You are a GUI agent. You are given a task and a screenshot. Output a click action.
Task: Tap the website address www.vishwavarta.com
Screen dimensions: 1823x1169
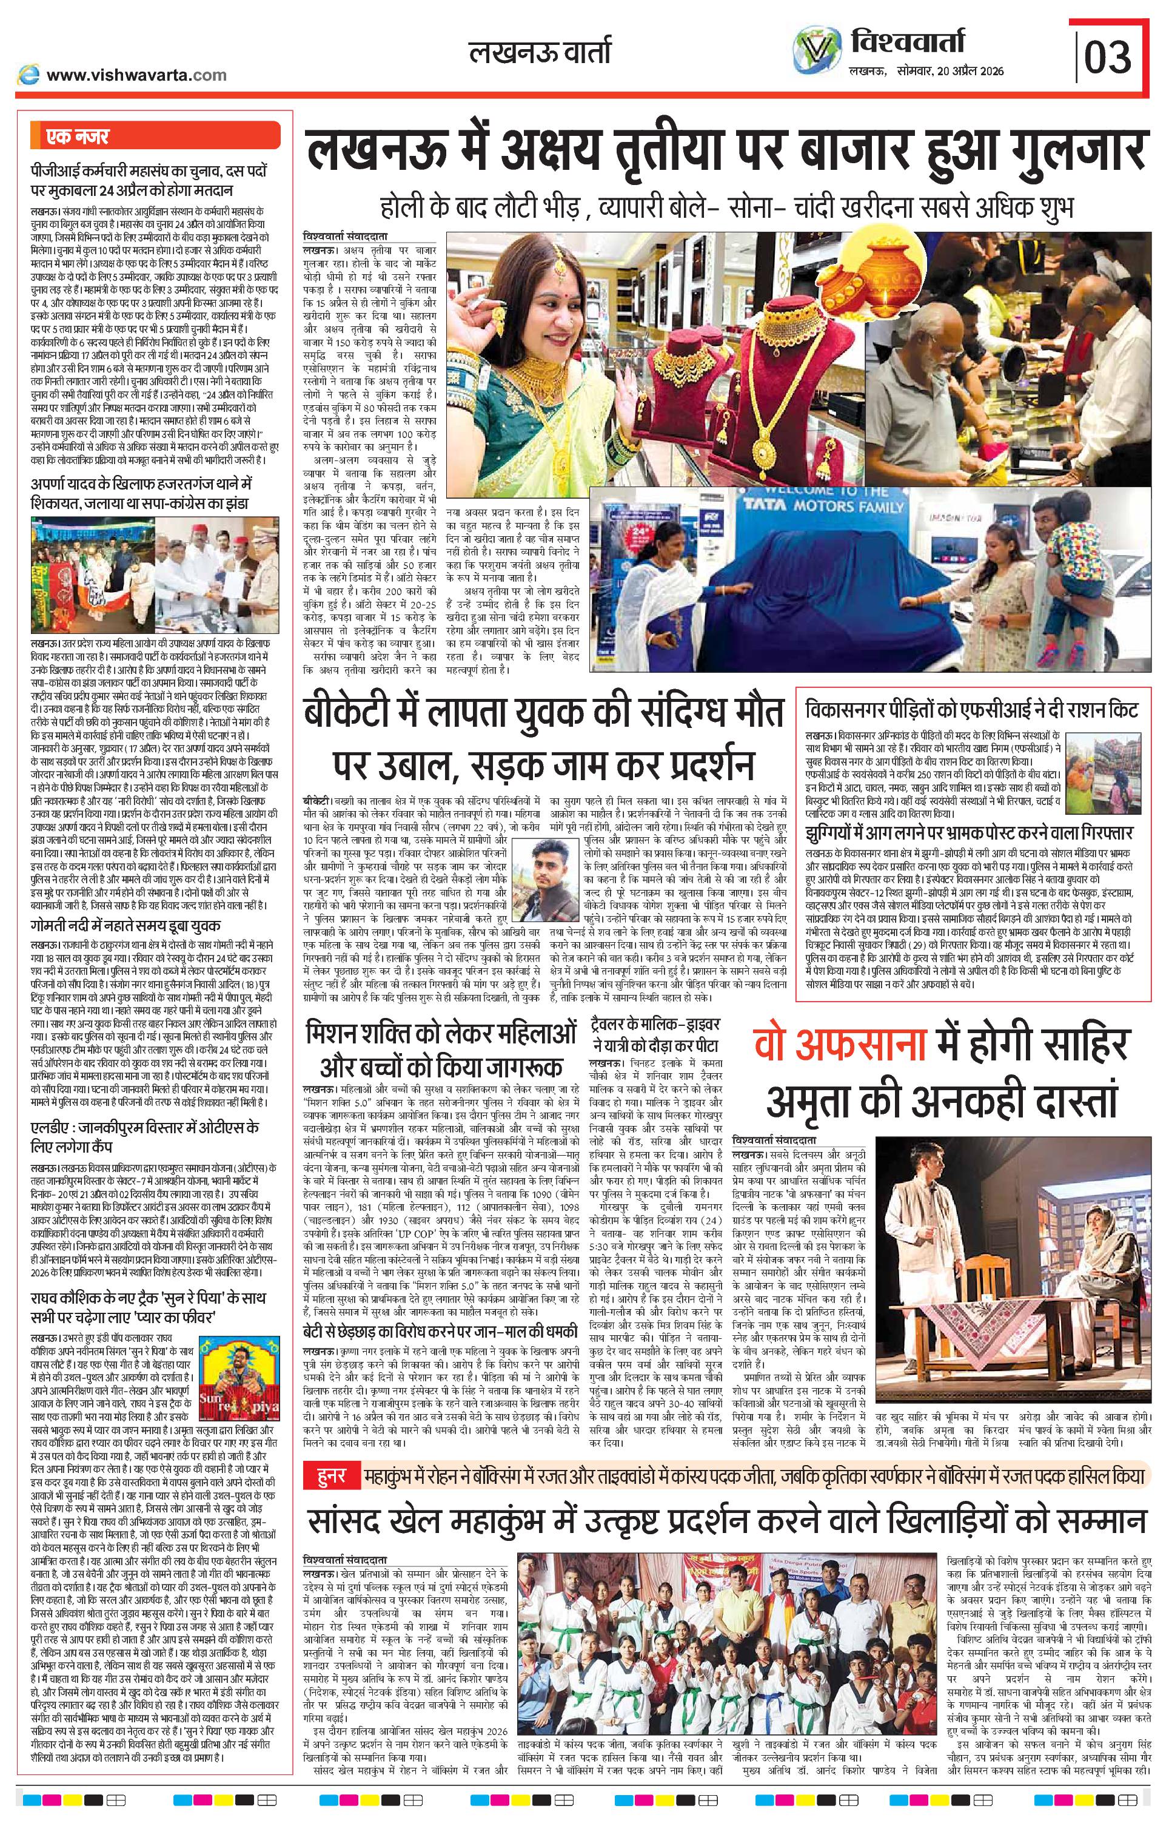[x=136, y=75]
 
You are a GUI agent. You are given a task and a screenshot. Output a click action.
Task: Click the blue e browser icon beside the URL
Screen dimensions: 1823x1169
[x=30, y=75]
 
